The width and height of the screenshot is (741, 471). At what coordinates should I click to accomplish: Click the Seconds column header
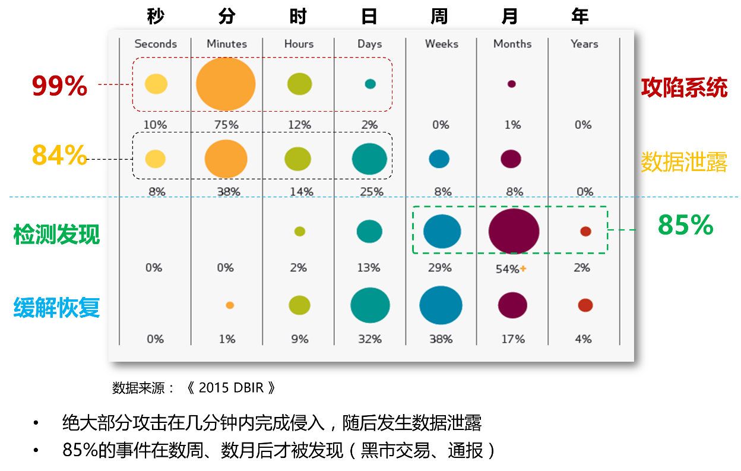click(156, 44)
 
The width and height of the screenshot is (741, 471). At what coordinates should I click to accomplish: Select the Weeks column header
click(441, 44)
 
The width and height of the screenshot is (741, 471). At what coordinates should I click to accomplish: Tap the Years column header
click(584, 44)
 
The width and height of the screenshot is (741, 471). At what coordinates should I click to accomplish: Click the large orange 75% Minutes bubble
click(226, 84)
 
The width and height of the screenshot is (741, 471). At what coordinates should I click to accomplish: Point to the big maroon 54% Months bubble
click(514, 232)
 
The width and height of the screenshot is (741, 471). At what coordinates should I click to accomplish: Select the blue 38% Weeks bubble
click(441, 305)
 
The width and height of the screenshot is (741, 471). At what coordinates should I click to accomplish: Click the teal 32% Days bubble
click(370, 305)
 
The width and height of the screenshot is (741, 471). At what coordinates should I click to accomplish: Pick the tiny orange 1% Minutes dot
click(230, 305)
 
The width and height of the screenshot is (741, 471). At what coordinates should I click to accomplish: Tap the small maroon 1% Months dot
click(511, 84)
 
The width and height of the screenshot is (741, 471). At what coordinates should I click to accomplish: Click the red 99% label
click(59, 87)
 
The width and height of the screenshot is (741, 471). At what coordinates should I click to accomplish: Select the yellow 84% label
click(59, 156)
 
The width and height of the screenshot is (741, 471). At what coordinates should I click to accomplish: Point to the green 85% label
click(685, 226)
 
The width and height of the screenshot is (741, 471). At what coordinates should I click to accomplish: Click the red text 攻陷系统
click(684, 88)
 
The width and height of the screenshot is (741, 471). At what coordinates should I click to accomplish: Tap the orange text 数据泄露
click(684, 162)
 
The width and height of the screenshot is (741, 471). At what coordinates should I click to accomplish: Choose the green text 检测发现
click(56, 235)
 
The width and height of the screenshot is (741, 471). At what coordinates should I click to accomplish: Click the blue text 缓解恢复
click(56, 308)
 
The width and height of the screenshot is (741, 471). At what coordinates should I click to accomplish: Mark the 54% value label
click(508, 269)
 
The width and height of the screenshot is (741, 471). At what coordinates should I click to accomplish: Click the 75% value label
click(226, 125)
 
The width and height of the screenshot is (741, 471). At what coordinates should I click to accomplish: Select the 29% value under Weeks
click(440, 268)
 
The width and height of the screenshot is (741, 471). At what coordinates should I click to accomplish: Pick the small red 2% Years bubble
click(585, 232)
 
